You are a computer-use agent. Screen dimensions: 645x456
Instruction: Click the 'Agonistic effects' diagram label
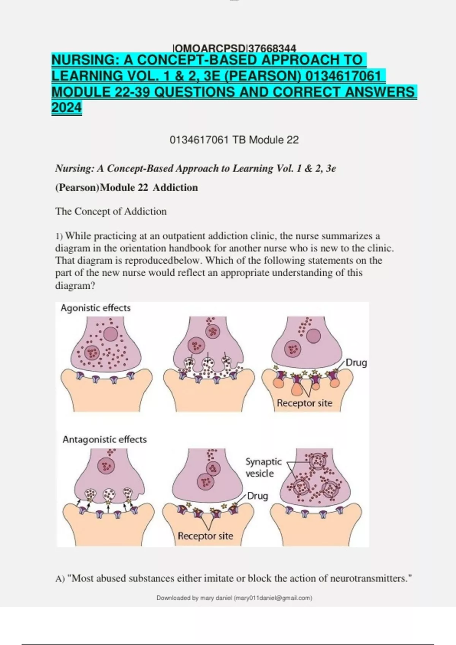tap(95, 308)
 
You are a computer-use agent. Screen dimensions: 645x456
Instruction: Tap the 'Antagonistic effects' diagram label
tap(104, 439)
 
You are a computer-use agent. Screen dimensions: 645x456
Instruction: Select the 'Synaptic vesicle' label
tap(263, 467)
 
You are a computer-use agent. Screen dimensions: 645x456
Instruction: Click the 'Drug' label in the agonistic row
tap(356, 363)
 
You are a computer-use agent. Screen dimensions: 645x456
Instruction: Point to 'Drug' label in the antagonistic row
tap(257, 496)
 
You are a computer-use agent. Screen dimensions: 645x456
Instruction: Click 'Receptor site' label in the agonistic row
tap(304, 403)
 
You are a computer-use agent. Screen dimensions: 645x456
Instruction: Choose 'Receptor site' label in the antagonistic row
tap(205, 536)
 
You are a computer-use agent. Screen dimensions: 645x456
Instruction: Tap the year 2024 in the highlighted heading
tap(66, 108)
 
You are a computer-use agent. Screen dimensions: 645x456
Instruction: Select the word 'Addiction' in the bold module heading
tap(175, 187)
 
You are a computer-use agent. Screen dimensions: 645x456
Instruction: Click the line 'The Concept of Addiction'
tap(111, 211)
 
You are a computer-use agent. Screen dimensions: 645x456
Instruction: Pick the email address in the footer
tap(273, 598)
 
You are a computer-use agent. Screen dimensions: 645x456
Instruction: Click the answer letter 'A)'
tap(60, 579)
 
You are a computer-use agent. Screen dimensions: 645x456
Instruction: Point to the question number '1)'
tap(59, 236)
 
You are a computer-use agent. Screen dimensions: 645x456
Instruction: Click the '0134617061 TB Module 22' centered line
tap(234, 140)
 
